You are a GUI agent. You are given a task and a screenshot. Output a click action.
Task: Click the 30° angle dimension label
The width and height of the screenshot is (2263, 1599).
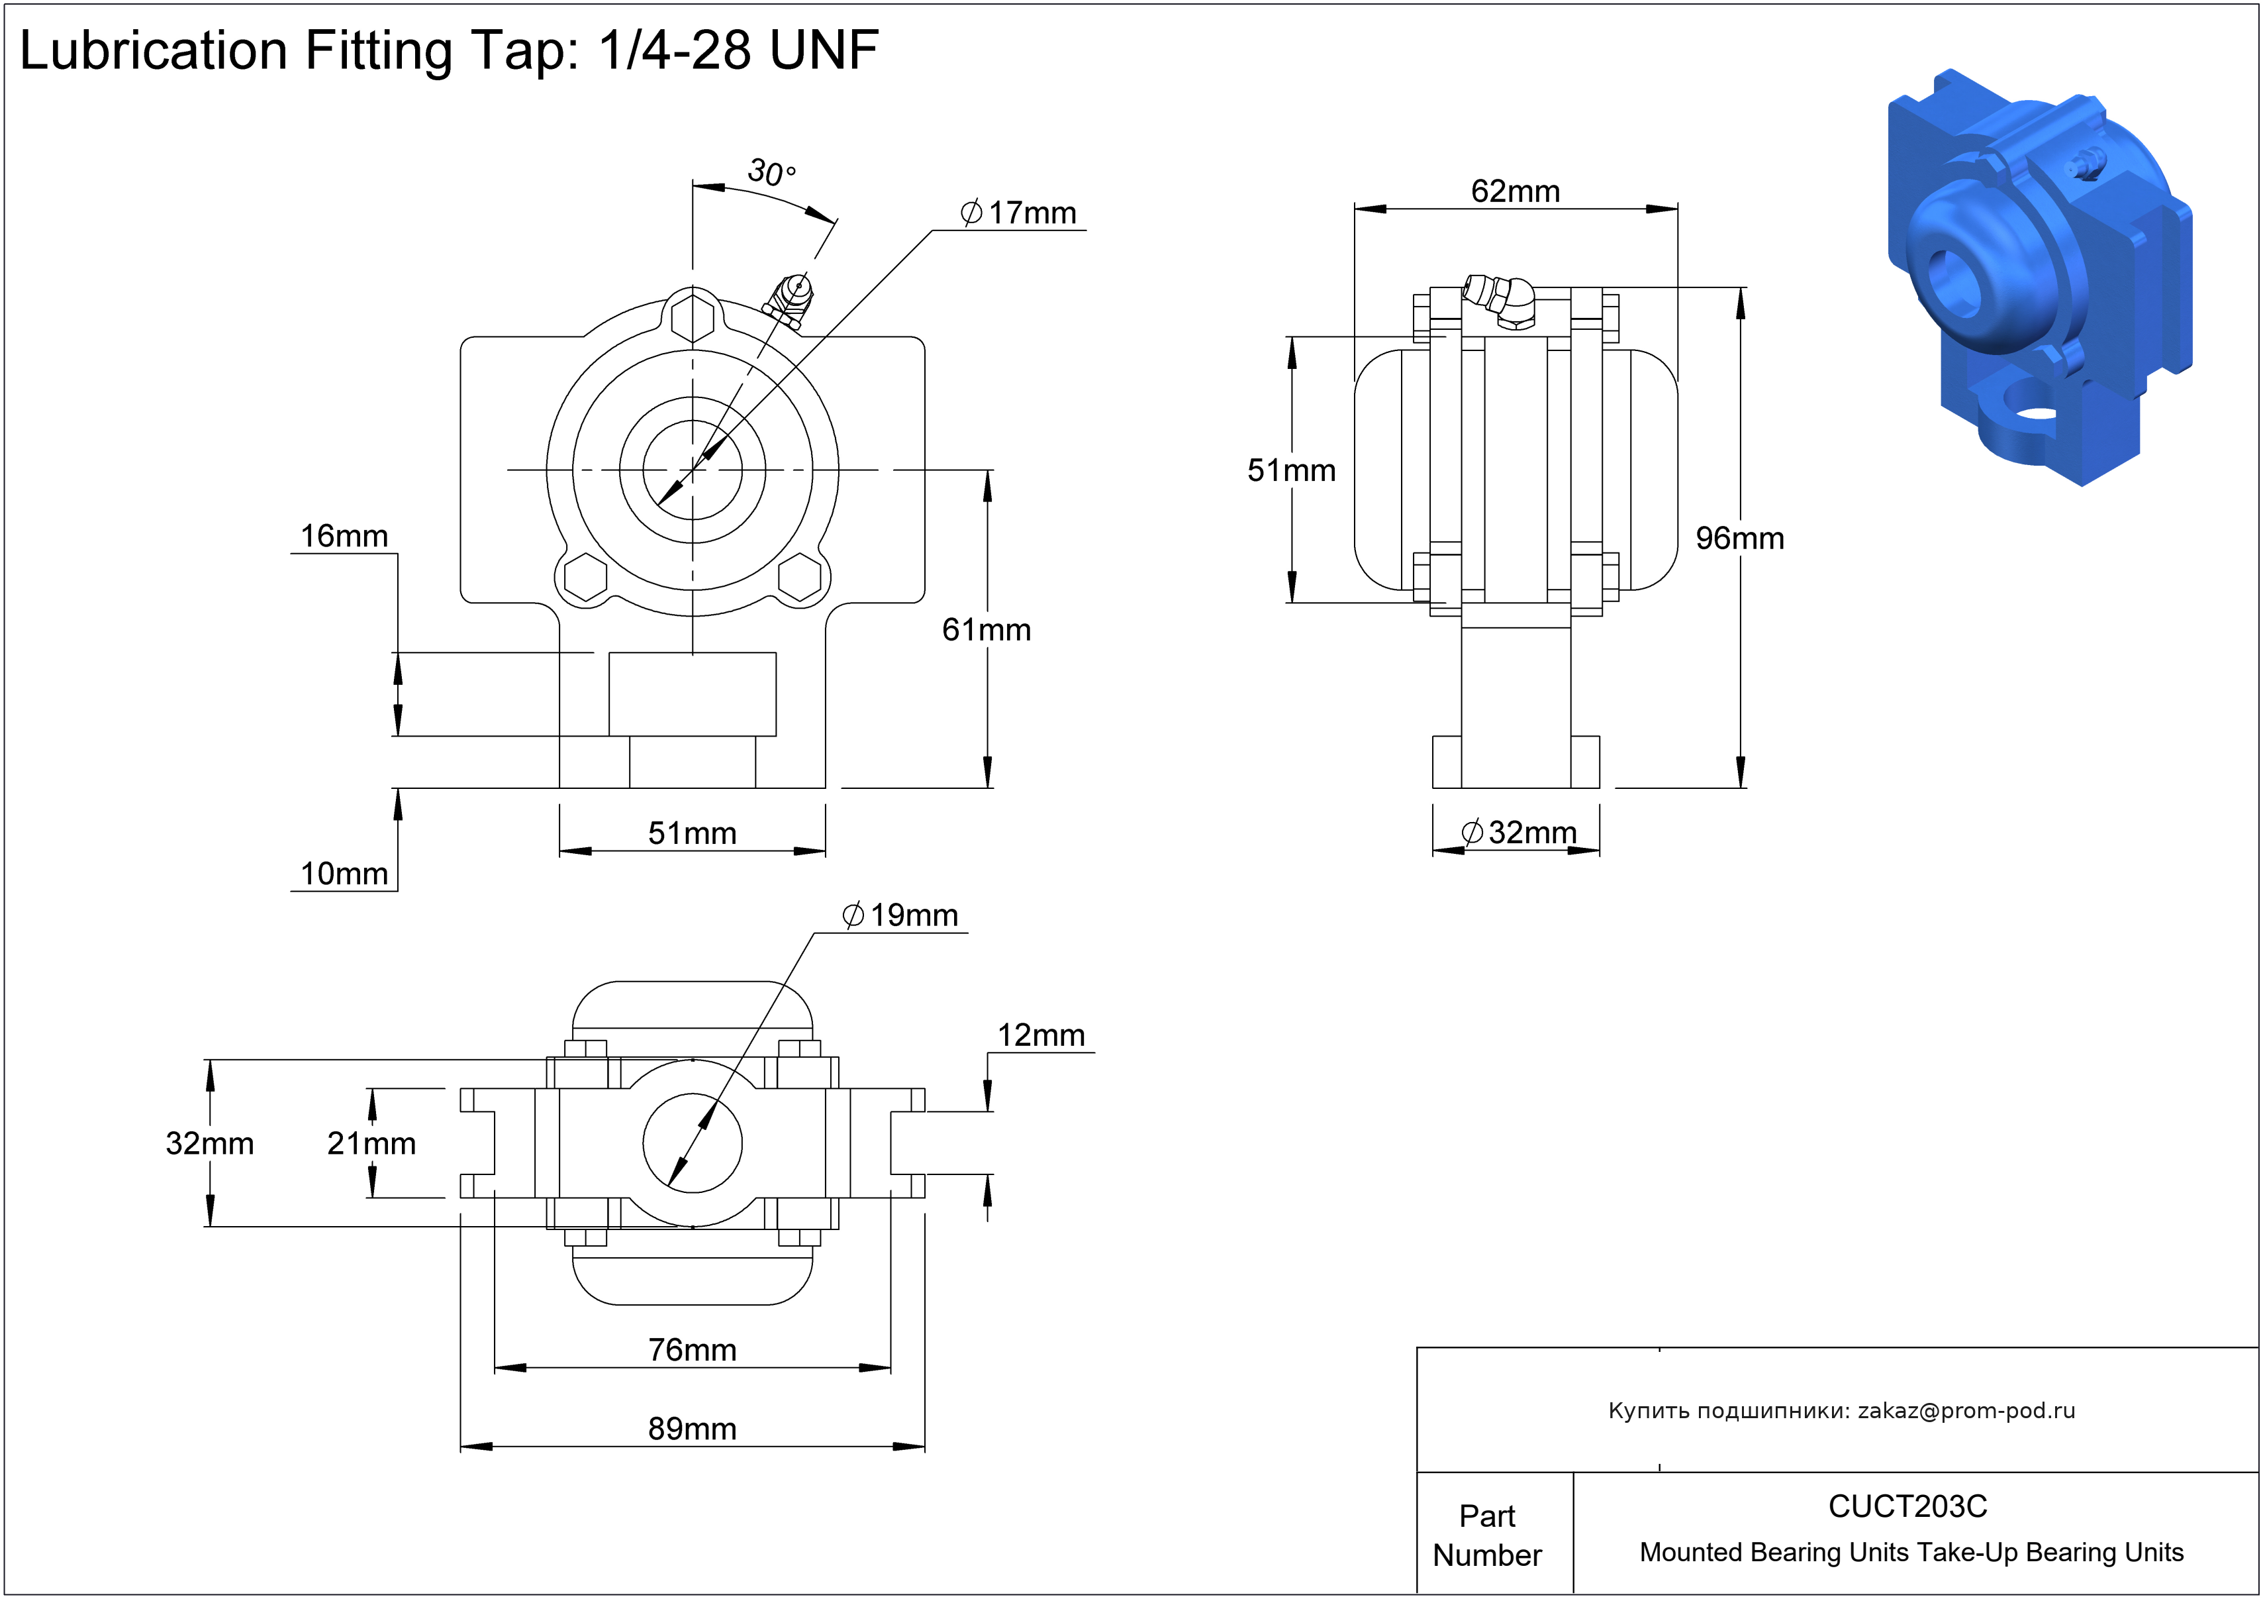[x=771, y=172]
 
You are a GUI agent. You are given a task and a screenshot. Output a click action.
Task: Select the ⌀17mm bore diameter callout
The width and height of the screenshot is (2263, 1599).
[x=1019, y=213]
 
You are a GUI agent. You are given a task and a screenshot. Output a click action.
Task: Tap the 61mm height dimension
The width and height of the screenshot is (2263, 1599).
[x=986, y=630]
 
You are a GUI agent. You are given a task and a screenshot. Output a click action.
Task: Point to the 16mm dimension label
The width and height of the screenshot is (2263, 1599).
[x=344, y=537]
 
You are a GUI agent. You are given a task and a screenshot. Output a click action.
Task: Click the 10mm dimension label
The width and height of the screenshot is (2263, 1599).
[x=344, y=874]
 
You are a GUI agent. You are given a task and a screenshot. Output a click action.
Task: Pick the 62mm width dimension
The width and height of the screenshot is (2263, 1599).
[x=1515, y=191]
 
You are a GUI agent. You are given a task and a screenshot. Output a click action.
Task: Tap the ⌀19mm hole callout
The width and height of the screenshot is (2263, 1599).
[x=901, y=916]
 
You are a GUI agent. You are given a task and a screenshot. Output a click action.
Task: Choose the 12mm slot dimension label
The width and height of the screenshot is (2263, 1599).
[x=1041, y=1036]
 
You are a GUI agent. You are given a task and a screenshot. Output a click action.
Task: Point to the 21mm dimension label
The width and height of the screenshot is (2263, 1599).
[x=371, y=1143]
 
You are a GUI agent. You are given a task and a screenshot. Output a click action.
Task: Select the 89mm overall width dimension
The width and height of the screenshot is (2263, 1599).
[x=692, y=1429]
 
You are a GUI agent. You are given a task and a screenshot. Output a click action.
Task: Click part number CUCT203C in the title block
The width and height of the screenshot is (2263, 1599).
[x=1907, y=1506]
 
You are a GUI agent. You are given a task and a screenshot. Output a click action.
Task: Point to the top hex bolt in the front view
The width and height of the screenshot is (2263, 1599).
[x=693, y=317]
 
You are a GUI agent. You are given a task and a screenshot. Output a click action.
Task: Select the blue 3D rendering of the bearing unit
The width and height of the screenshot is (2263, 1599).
[x=2039, y=276]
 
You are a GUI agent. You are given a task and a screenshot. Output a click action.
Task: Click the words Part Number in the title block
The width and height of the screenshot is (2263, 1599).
[x=1486, y=1535]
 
